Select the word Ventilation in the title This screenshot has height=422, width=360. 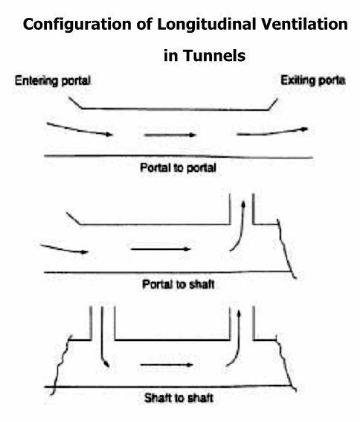(304, 24)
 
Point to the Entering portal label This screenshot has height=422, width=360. (53, 80)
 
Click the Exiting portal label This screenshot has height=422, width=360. (313, 80)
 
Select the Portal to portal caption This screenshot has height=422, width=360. (178, 168)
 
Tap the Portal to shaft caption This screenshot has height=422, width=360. (178, 284)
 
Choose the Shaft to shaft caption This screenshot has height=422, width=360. (179, 398)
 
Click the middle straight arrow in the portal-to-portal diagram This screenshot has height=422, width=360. (170, 135)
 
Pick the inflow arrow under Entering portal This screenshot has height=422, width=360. (80, 130)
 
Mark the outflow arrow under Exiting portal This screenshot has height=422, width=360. (272, 132)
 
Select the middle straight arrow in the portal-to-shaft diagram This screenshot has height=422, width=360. (161, 249)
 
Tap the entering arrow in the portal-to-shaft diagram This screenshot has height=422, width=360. (64, 249)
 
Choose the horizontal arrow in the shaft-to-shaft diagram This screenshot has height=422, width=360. (167, 365)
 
